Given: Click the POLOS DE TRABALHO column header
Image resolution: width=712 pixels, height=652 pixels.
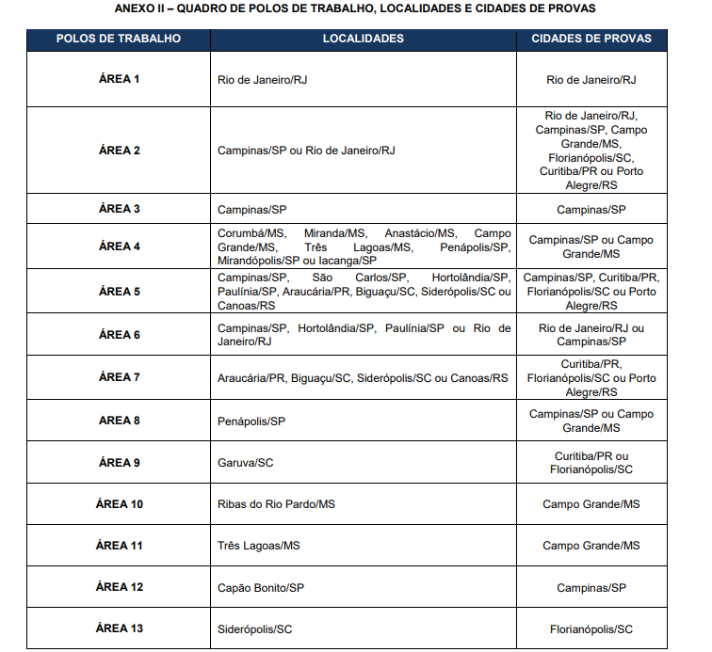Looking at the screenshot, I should [x=119, y=39].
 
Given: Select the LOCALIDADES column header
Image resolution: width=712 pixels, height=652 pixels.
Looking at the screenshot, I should [x=363, y=39].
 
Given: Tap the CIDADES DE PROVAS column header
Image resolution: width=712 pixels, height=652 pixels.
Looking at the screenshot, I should [x=591, y=39].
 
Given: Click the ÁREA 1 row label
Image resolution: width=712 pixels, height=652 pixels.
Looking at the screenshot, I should [x=119, y=79].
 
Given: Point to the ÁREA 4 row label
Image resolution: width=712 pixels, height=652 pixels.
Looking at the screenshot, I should [x=119, y=246].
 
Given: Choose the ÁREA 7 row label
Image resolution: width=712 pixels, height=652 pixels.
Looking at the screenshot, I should [x=119, y=377].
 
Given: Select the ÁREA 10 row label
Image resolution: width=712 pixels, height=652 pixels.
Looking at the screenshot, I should [x=119, y=504].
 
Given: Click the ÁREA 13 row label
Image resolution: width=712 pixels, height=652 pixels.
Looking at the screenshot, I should [x=119, y=628].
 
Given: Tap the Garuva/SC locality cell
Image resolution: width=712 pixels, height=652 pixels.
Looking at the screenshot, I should [x=245, y=463].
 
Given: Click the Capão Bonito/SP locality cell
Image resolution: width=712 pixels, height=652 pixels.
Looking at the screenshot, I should [x=261, y=588].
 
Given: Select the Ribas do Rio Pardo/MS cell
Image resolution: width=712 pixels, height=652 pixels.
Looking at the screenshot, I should [x=276, y=505].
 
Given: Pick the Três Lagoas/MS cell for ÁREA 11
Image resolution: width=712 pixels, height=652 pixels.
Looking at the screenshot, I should [x=259, y=546].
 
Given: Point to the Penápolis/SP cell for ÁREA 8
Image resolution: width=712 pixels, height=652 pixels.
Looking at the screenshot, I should [x=251, y=421].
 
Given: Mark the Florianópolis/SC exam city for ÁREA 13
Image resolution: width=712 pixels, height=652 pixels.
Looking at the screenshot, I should [x=591, y=629].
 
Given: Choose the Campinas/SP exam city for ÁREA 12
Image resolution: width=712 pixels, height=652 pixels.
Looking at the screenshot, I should [x=591, y=588].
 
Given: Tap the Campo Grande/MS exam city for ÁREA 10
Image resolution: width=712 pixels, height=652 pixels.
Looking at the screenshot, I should [x=591, y=505].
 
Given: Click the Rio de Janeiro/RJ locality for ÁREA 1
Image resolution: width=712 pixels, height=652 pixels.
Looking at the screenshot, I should [x=263, y=80].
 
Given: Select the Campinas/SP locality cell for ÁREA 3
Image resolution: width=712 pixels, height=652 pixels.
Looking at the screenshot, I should [x=251, y=210].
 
